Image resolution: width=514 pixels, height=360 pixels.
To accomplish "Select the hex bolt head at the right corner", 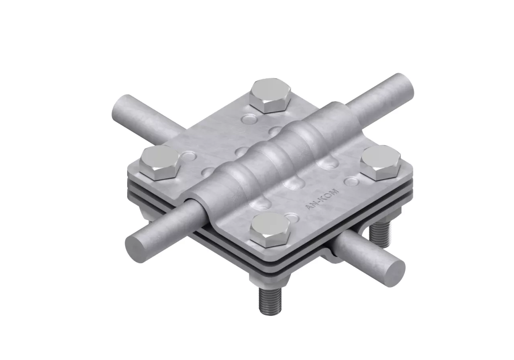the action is pos(381,163).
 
